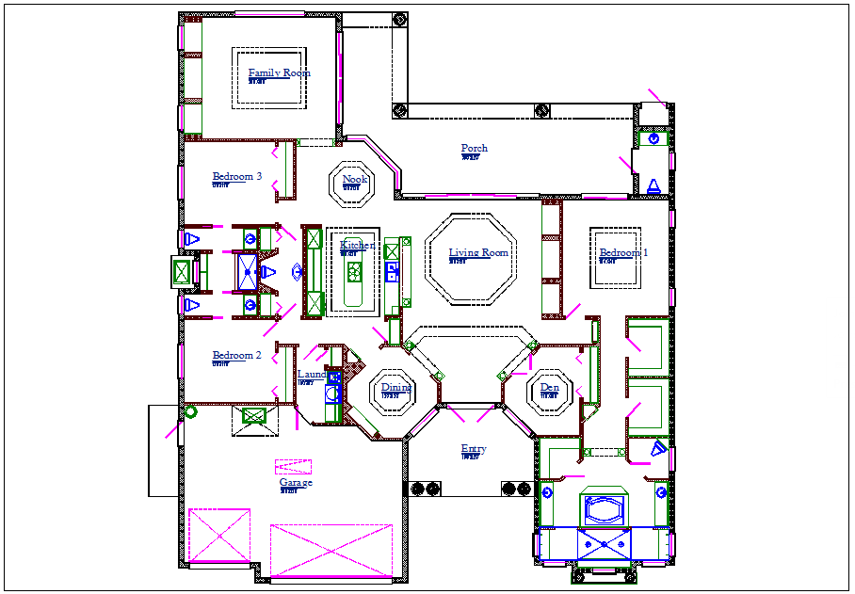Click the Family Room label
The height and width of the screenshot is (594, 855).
pyautogui.click(x=279, y=73)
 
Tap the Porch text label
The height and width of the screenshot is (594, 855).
pyautogui.click(x=474, y=149)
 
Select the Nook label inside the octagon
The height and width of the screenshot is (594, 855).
pyautogui.click(x=354, y=179)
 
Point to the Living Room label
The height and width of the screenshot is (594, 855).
pyautogui.click(x=477, y=252)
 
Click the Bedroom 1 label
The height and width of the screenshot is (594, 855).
pyautogui.click(x=623, y=252)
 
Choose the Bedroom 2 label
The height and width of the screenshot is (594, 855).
pyautogui.click(x=236, y=355)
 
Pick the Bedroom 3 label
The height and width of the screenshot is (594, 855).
pyautogui.click(x=236, y=176)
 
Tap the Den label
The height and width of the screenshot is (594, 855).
pyautogui.click(x=549, y=387)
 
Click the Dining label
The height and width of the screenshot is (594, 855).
pyautogui.click(x=395, y=387)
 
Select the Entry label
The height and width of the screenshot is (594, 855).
pyautogui.click(x=473, y=449)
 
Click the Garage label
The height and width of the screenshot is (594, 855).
pyautogui.click(x=295, y=483)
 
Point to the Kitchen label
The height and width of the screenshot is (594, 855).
pyautogui.click(x=357, y=246)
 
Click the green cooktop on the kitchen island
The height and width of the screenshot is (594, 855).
pyautogui.click(x=355, y=273)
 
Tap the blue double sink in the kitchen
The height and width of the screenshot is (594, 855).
pyautogui.click(x=392, y=273)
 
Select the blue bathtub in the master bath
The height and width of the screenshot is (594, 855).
pyautogui.click(x=605, y=509)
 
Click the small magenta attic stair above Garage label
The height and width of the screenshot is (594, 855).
pyautogui.click(x=293, y=466)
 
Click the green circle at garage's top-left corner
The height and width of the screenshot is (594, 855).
pyautogui.click(x=190, y=411)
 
